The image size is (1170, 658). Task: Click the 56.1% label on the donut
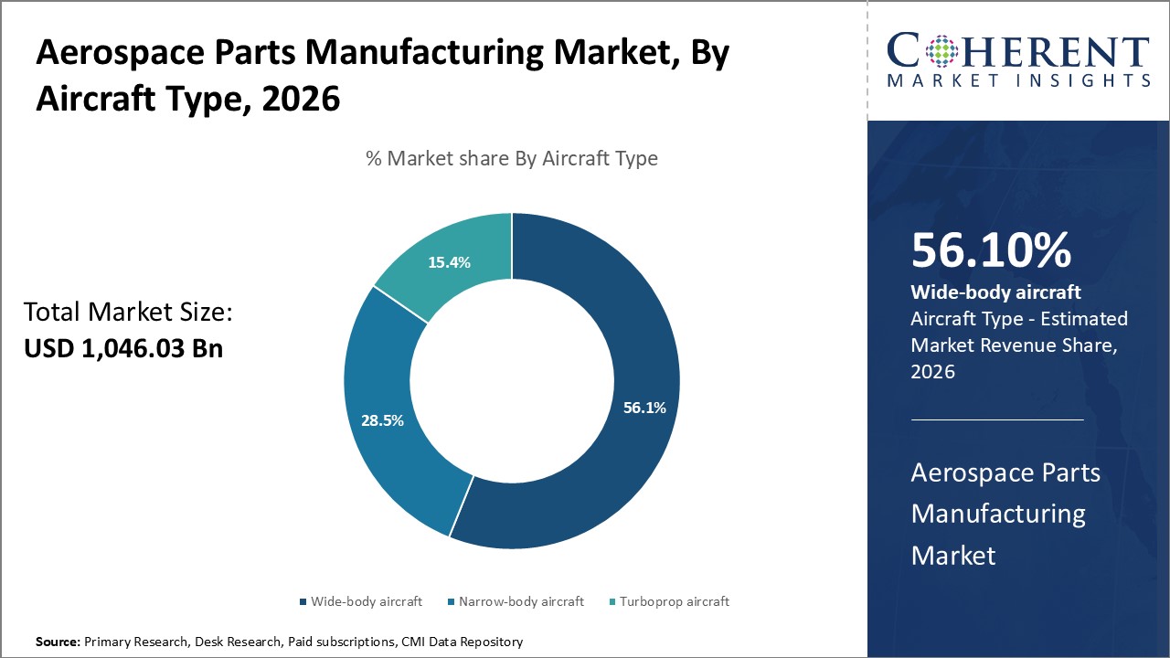pyautogui.click(x=644, y=409)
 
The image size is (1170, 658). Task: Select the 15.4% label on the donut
pyautogui.click(x=449, y=262)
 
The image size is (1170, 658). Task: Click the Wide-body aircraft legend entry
pyautogui.click(x=366, y=601)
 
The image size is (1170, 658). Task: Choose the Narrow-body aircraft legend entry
pyautogui.click(x=520, y=601)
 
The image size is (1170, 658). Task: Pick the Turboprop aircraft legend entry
pyautogui.click(x=674, y=601)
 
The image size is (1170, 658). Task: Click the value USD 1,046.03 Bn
pyautogui.click(x=122, y=348)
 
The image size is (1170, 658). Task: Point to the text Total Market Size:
pyautogui.click(x=128, y=313)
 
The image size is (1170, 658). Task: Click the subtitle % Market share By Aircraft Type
pyautogui.click(x=511, y=158)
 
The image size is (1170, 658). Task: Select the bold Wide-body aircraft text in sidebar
pyautogui.click(x=995, y=292)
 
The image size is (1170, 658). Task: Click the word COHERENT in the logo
pyautogui.click(x=1018, y=53)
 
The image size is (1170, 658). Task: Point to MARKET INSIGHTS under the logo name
pyautogui.click(x=1018, y=81)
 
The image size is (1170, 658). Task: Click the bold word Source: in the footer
pyautogui.click(x=58, y=642)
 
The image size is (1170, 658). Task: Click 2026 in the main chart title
pyautogui.click(x=301, y=98)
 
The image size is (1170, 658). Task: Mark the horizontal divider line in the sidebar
pyautogui.click(x=997, y=419)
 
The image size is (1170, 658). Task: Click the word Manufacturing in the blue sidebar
pyautogui.click(x=998, y=514)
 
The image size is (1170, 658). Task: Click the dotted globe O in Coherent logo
pyautogui.click(x=941, y=53)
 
